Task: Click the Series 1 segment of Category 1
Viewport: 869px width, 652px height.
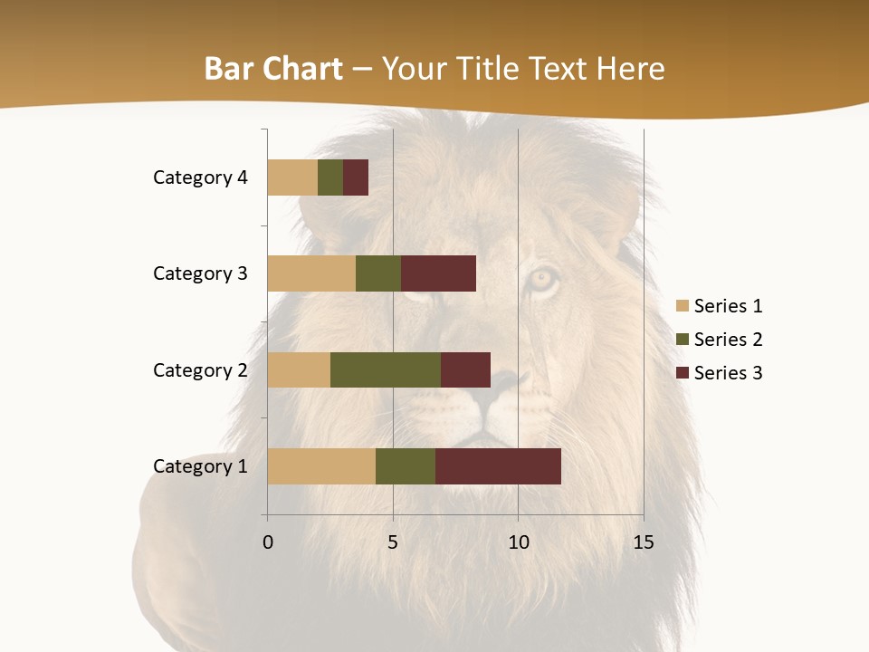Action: coord(321,466)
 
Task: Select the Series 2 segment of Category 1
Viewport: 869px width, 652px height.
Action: coord(406,466)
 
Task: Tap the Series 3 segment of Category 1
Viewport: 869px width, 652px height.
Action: coord(498,466)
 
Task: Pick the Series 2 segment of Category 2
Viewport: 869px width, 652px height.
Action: coord(386,369)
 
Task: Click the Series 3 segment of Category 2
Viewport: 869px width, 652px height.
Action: coord(465,369)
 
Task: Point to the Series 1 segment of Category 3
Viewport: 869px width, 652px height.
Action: coord(311,273)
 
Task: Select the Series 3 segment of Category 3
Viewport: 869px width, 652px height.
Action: coord(438,273)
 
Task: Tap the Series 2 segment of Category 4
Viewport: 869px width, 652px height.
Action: coord(330,177)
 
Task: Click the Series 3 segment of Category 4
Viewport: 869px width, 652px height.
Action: coord(356,177)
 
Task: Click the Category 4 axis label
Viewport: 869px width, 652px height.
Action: coord(200,177)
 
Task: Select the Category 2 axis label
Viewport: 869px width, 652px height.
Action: coord(200,369)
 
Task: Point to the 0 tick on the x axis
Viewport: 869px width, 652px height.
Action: coord(268,542)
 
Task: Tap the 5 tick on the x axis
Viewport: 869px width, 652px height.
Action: coord(393,542)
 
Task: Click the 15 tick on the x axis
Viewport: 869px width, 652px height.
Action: coord(643,542)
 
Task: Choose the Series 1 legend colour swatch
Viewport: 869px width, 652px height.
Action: coord(683,306)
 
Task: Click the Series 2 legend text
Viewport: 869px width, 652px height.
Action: coord(728,340)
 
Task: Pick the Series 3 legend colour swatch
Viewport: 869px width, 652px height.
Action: coord(683,373)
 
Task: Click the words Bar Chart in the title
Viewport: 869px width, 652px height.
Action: coord(273,69)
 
